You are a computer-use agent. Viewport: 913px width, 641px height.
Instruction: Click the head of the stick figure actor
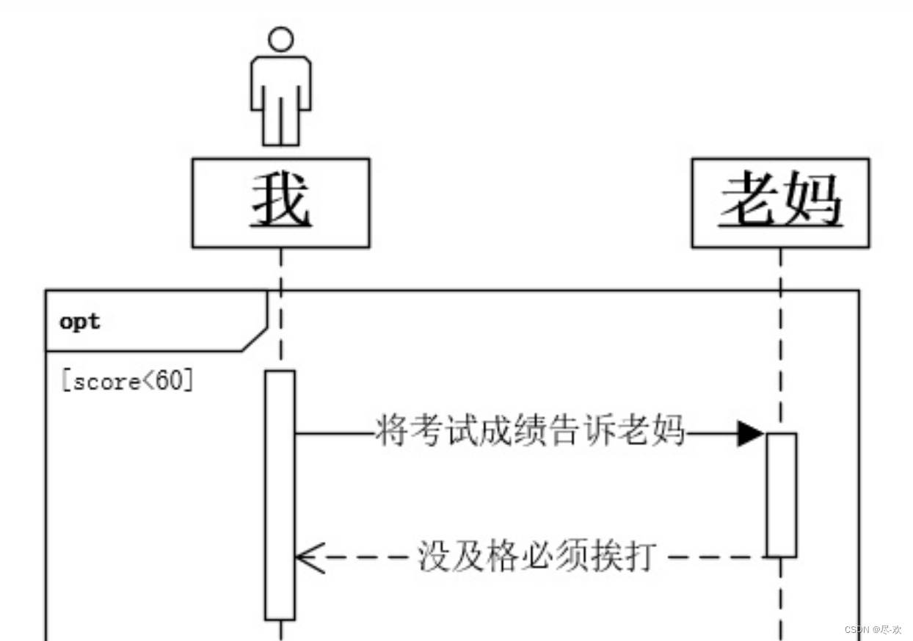point(280,39)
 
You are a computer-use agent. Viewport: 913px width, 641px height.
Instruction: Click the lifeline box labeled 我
point(280,203)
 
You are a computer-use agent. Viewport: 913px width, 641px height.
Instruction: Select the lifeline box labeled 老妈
point(780,203)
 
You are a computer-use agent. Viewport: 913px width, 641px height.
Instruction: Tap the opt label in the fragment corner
point(80,322)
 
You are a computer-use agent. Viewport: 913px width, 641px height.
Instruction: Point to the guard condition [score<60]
point(128,382)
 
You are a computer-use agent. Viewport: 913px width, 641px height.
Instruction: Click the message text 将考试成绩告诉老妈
point(529,431)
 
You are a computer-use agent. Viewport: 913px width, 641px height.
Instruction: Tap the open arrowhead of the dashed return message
point(308,557)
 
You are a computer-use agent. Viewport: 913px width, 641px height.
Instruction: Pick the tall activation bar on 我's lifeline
point(280,495)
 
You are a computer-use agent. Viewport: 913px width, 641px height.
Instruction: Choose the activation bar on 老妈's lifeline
point(782,495)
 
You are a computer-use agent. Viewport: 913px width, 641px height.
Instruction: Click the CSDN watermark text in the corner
point(872,630)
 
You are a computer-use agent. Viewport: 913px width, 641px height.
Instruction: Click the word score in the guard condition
point(103,383)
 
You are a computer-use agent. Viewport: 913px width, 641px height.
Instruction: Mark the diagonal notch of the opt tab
point(255,338)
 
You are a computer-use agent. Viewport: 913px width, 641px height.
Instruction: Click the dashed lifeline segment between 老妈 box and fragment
point(780,269)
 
